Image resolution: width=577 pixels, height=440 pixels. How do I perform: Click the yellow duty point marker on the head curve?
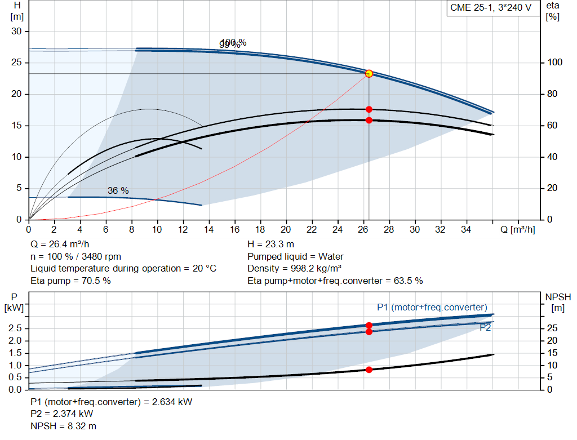click(369, 73)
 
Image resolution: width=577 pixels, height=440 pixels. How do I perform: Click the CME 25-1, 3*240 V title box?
click(490, 8)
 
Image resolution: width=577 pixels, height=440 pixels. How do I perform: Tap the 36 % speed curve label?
click(118, 191)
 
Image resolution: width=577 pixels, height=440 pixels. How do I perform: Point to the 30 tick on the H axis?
click(16, 32)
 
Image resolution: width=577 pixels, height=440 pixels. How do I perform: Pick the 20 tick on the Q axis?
click(286, 230)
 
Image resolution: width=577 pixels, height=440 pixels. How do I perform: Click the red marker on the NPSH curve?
click(369, 370)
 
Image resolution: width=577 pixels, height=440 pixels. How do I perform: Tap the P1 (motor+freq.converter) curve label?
click(432, 307)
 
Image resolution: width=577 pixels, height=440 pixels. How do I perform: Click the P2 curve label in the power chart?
click(485, 327)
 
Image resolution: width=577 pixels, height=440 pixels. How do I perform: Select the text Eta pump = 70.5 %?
click(71, 281)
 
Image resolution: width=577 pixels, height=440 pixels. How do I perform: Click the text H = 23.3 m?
click(270, 245)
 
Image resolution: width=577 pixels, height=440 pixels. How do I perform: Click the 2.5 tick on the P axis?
click(17, 328)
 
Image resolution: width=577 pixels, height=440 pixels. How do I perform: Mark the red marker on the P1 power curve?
click(369, 325)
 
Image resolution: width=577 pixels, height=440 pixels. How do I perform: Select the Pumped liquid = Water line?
click(295, 256)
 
